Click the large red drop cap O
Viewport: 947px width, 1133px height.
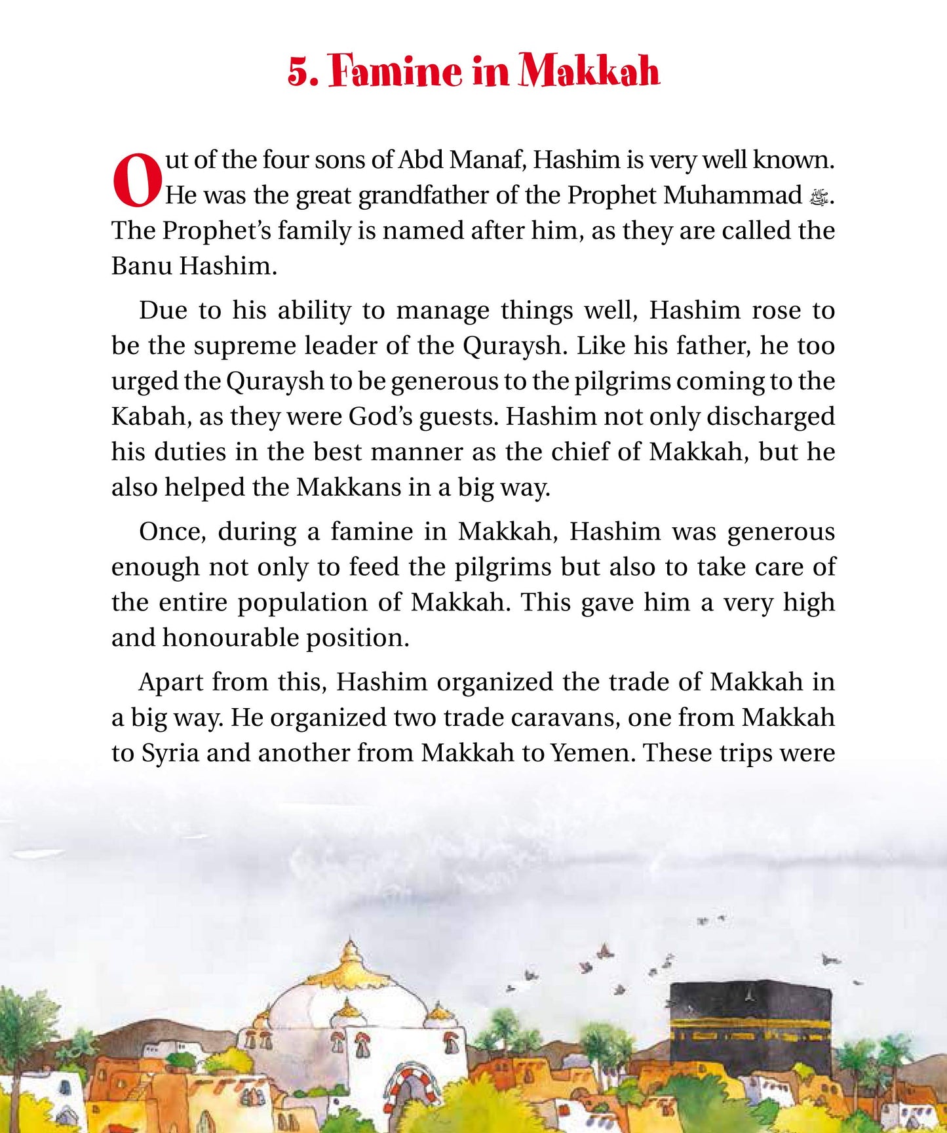[137, 180]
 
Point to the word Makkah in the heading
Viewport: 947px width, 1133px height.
[589, 71]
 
